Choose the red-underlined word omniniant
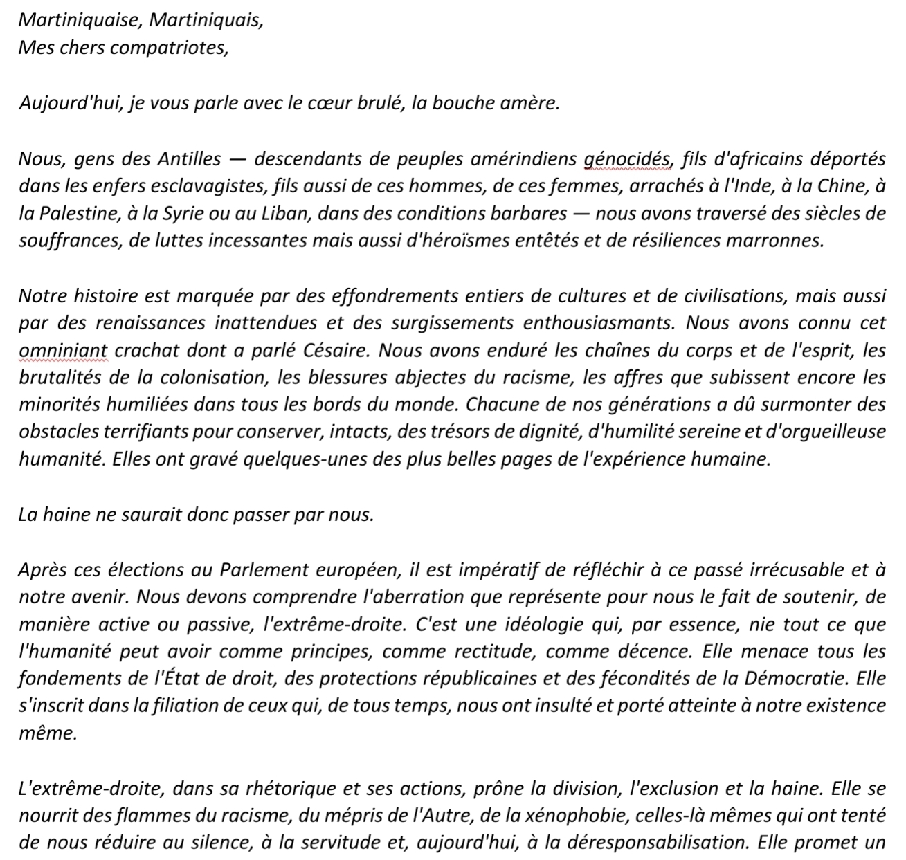(x=63, y=351)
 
